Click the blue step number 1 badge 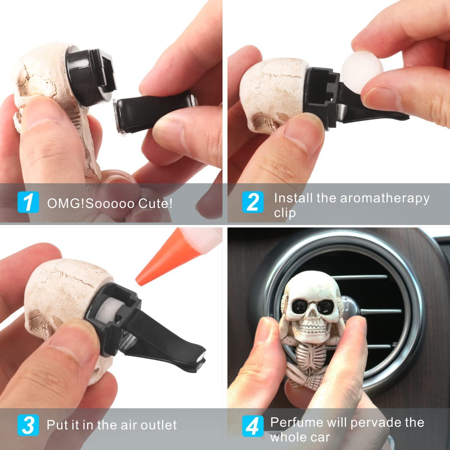click(28, 202)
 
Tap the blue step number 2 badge click(253, 202)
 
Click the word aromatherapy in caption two click(385, 199)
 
